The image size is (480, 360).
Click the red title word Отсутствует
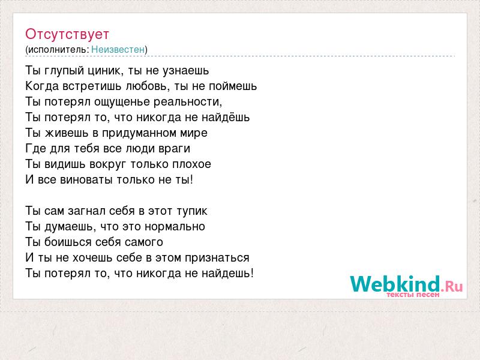click(x=67, y=34)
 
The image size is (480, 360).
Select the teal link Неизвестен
click(x=118, y=49)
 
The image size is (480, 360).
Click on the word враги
click(x=175, y=149)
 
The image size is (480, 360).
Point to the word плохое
click(x=191, y=164)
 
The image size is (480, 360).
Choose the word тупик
click(x=192, y=211)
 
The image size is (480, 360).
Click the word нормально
click(x=175, y=227)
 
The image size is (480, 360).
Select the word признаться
click(x=217, y=258)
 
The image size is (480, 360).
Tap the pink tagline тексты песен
click(x=413, y=295)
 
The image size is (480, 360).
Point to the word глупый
click(x=64, y=71)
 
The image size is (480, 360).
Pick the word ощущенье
click(x=122, y=102)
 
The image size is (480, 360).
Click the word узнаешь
click(x=185, y=71)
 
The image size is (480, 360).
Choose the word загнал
click(x=86, y=211)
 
